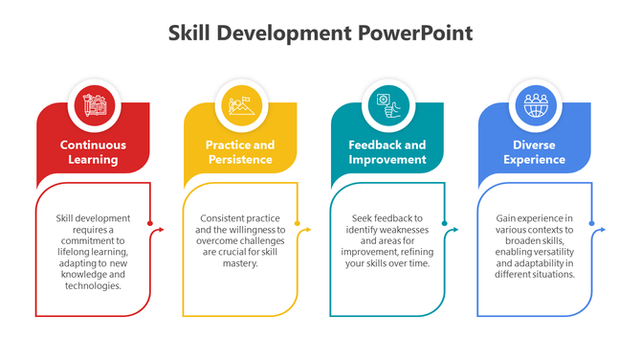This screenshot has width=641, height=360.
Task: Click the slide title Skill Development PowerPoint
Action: click(x=320, y=34)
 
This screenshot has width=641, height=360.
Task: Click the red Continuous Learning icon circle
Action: click(x=94, y=104)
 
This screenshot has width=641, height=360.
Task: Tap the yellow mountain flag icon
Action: click(x=240, y=104)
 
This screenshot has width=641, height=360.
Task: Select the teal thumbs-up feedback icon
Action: click(x=387, y=104)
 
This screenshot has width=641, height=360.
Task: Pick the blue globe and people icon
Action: click(x=534, y=104)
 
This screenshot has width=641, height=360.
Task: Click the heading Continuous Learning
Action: click(x=93, y=152)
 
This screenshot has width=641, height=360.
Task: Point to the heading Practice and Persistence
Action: click(x=240, y=152)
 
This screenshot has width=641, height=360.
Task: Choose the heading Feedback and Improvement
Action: click(x=387, y=152)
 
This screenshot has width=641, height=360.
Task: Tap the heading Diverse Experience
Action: click(x=534, y=152)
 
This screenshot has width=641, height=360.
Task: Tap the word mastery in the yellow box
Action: click(x=239, y=263)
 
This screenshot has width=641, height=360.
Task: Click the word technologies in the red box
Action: click(x=93, y=285)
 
